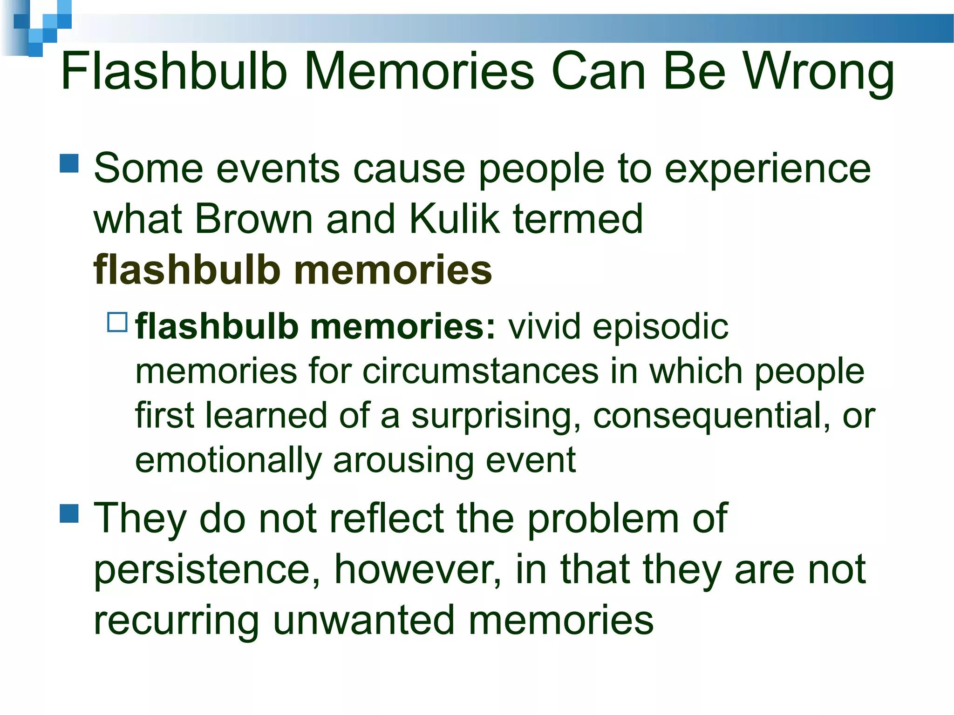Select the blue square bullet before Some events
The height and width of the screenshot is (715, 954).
(x=69, y=164)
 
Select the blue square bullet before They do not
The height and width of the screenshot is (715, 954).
(x=69, y=514)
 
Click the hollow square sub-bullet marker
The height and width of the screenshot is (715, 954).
(x=117, y=322)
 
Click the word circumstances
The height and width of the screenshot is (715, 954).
(x=480, y=371)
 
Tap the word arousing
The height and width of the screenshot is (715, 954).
(x=403, y=460)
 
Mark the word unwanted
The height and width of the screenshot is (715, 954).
(x=364, y=620)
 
